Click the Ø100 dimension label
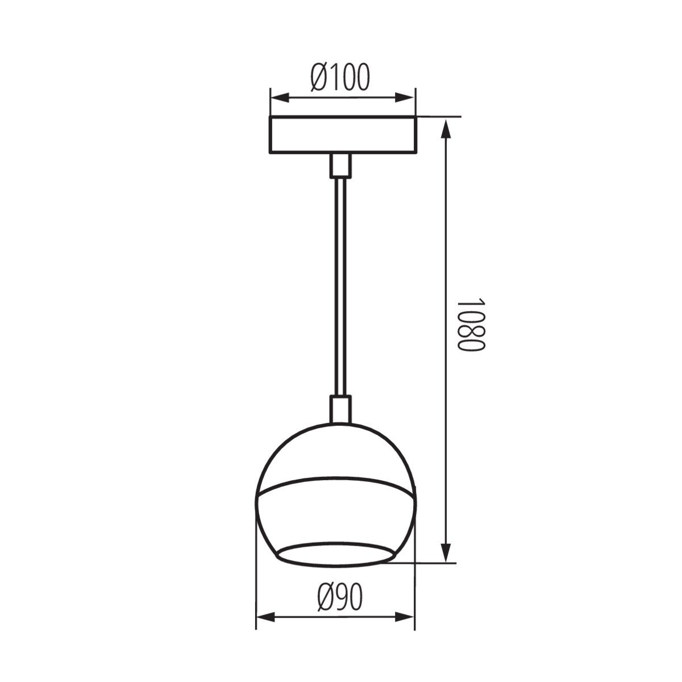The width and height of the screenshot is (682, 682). click(340, 77)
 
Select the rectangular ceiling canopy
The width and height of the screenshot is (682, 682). click(343, 135)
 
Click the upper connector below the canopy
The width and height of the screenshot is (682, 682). click(341, 165)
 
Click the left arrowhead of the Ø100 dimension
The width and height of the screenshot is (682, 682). click(280, 98)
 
